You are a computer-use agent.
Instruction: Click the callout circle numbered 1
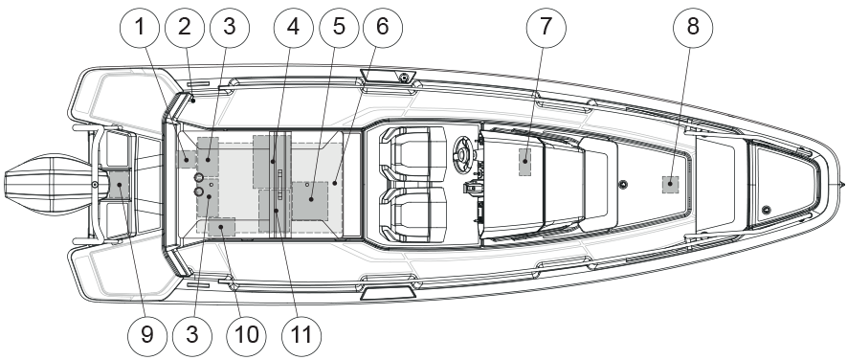click(140, 27)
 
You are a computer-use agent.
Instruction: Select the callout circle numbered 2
click(185, 27)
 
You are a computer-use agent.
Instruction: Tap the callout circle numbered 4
click(293, 27)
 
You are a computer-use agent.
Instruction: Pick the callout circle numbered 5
click(339, 27)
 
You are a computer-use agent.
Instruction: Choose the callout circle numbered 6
click(383, 27)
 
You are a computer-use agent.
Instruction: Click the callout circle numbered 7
click(546, 27)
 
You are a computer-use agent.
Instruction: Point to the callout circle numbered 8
click(693, 27)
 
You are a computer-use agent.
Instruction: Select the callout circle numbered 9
click(147, 335)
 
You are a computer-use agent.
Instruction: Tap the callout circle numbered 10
click(247, 335)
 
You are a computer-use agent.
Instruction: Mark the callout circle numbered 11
click(301, 335)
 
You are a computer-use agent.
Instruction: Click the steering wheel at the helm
click(463, 153)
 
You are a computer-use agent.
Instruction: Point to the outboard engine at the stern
click(50, 185)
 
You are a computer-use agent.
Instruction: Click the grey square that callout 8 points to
click(670, 185)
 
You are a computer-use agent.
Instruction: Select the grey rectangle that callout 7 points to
click(525, 162)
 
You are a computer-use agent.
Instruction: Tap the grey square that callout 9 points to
click(120, 185)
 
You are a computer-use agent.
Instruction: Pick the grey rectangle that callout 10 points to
click(221, 227)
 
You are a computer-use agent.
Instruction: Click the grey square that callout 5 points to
click(310, 200)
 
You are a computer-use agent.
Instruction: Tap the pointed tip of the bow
click(843, 185)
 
